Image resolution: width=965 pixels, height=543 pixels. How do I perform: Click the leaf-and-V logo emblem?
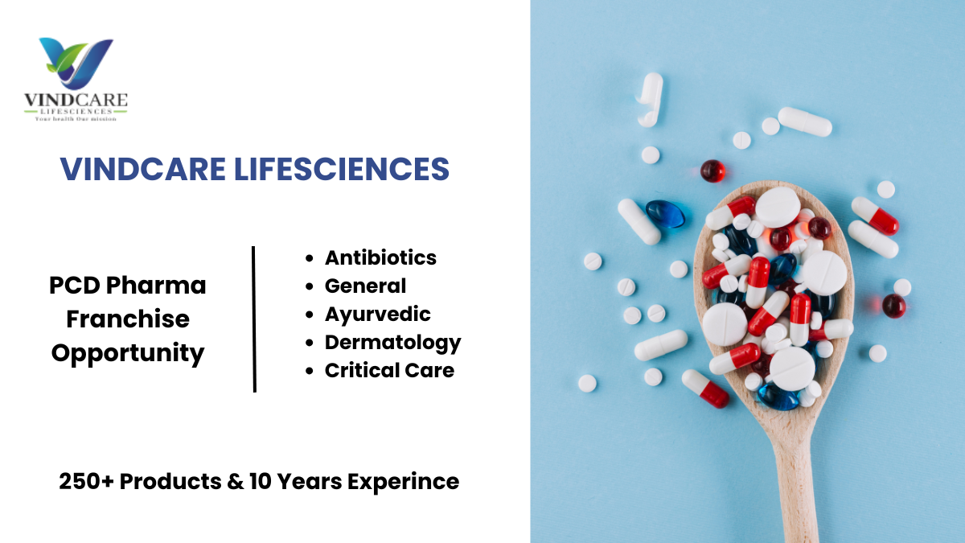point(76,63)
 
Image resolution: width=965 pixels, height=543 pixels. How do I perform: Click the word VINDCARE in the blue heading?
point(142,169)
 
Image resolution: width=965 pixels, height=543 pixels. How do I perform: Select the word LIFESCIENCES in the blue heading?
point(342,169)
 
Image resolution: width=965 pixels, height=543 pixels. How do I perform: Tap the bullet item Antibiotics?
point(380,257)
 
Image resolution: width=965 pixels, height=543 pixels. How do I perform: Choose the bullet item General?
point(365,286)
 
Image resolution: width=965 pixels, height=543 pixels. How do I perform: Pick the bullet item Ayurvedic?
point(377,315)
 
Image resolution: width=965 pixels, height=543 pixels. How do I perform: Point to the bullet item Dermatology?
point(393,343)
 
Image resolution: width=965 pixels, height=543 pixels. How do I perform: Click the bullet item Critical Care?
point(389,371)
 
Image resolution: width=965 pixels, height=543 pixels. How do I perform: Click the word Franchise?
point(128,319)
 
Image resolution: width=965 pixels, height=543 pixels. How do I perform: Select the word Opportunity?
point(128,354)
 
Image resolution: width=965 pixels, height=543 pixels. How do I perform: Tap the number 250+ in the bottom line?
point(86,481)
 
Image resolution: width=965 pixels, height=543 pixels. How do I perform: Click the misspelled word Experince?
point(403,482)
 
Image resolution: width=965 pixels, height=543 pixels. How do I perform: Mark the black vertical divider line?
point(254,319)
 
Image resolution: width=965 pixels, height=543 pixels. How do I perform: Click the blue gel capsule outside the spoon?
point(665,214)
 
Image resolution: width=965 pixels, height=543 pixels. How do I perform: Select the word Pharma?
point(156,286)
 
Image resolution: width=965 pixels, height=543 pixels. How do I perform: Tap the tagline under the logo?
point(76,119)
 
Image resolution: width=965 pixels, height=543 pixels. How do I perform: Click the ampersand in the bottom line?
point(235,481)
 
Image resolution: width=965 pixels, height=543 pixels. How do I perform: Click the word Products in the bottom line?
point(170,481)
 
